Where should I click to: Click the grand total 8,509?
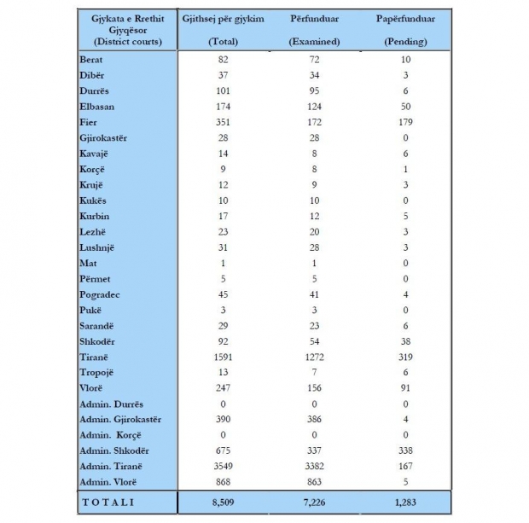(x=224, y=502)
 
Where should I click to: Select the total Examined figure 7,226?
(x=314, y=502)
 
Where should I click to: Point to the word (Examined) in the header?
(x=314, y=40)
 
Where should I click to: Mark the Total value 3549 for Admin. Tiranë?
(x=224, y=465)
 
